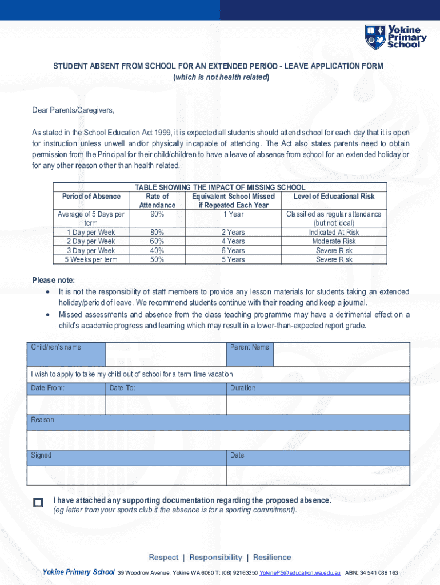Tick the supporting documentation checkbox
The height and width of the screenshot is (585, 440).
(x=38, y=503)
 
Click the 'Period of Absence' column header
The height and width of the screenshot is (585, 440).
(x=91, y=197)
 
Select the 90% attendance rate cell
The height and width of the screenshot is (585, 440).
(x=157, y=214)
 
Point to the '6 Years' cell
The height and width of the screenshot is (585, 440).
(x=233, y=251)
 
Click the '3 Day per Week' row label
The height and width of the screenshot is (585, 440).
(x=91, y=251)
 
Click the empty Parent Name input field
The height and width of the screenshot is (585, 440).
(x=341, y=354)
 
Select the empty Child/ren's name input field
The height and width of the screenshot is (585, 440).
(x=166, y=354)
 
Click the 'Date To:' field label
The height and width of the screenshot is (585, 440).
(x=123, y=388)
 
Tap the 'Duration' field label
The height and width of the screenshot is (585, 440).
(x=243, y=388)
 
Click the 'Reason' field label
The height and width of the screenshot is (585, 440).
(x=43, y=420)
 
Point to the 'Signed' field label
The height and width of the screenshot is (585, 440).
(x=41, y=455)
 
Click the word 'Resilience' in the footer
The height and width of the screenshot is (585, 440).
(x=272, y=558)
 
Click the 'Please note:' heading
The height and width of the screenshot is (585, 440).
(x=53, y=280)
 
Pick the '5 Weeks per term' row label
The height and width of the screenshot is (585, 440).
(x=91, y=260)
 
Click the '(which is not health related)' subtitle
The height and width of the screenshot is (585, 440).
(x=221, y=77)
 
